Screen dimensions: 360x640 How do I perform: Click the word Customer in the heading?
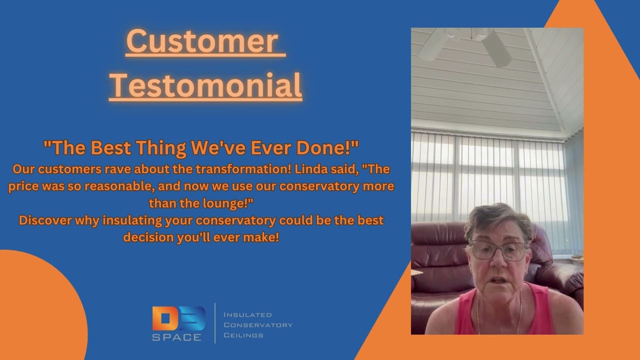[x=202, y=42]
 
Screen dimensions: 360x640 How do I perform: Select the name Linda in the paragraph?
[x=312, y=169]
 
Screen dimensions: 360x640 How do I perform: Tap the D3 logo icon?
[x=178, y=318]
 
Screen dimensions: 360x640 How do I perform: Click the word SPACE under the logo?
[x=177, y=337]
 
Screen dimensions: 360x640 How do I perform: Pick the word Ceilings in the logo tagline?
[x=243, y=335]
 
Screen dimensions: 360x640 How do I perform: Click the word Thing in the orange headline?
[x=163, y=148]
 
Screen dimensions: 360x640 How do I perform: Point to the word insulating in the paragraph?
[x=131, y=220]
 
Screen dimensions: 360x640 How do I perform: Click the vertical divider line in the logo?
[x=215, y=323]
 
